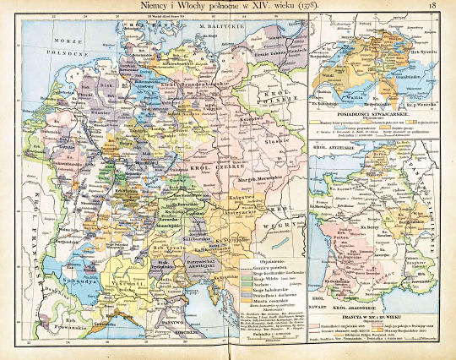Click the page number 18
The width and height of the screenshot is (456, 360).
(432, 8)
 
